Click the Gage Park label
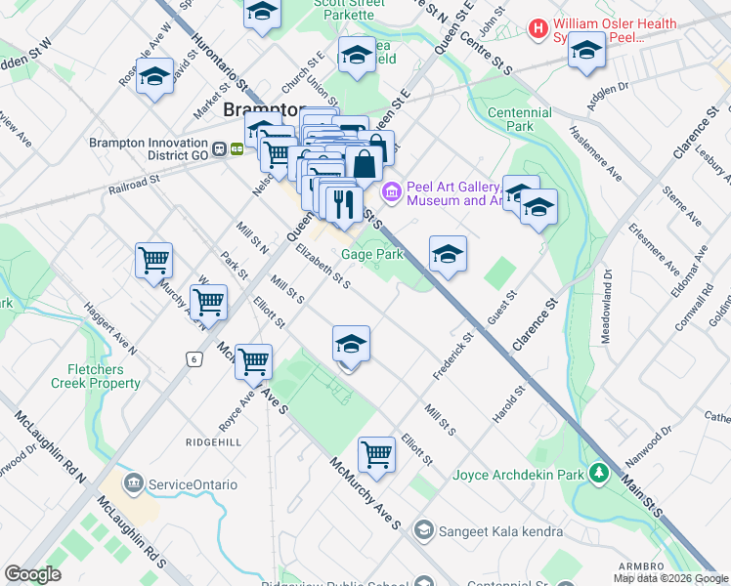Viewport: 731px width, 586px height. [x=372, y=254]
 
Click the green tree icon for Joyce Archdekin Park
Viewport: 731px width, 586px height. [x=599, y=475]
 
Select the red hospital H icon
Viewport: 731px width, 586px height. [x=537, y=29]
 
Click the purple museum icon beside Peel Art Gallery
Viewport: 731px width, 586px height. [x=392, y=192]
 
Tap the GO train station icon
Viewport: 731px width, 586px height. [x=237, y=149]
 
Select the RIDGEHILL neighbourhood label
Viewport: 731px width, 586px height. [x=212, y=441]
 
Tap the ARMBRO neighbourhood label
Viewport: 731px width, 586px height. [x=642, y=566]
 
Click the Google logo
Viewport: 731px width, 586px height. [x=32, y=574]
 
